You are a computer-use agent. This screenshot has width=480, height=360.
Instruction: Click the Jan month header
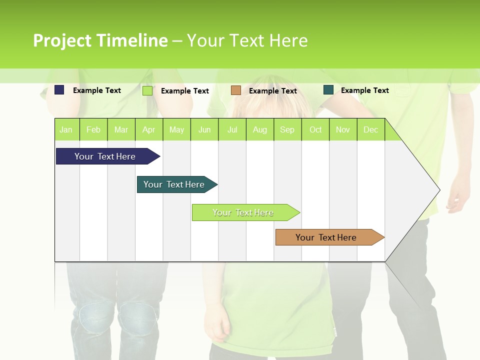pos(66,129)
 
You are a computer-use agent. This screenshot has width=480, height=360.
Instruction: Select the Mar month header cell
pos(121,129)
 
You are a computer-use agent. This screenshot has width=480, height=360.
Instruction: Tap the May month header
pos(176,129)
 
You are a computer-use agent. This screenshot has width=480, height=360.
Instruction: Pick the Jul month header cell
pos(232,129)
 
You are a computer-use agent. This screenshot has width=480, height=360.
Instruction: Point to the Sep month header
pos(287,129)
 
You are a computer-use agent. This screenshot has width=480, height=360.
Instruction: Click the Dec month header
pos(370,129)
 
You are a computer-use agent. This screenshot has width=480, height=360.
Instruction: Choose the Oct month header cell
pos(315,129)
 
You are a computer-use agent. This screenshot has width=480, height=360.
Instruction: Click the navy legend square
pos(59,90)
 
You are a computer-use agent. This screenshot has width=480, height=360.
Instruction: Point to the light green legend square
pos(147,90)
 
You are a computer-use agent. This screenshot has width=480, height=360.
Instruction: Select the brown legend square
pos(236,90)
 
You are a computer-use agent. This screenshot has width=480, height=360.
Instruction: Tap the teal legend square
pos(328,90)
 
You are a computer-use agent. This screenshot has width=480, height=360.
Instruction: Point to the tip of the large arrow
pos(439,190)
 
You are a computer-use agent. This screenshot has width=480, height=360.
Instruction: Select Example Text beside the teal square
pos(364,90)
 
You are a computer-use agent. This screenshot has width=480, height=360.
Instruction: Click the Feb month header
pos(93,129)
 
